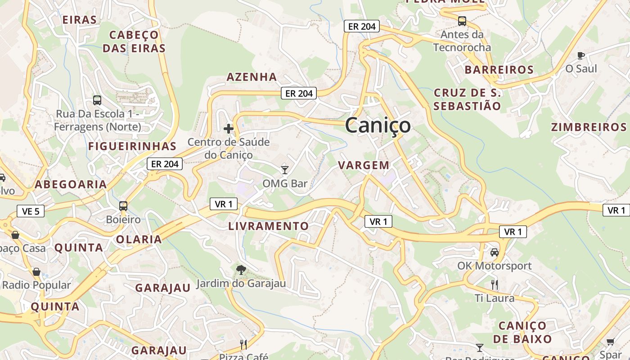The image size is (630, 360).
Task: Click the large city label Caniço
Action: click(x=378, y=126)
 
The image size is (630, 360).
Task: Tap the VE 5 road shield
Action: click(x=31, y=211)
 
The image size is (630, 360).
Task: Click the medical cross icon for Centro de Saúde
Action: click(x=229, y=129)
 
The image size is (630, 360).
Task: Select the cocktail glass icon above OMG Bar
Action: click(x=284, y=170)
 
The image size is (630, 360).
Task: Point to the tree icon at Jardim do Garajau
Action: click(x=241, y=270)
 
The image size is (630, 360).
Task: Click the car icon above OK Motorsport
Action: click(x=495, y=252)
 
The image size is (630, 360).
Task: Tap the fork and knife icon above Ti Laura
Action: click(x=495, y=284)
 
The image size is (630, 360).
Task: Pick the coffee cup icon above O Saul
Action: click(x=581, y=55)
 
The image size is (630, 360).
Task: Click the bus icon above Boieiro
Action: click(x=123, y=206)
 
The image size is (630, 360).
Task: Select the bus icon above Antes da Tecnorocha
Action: click(x=462, y=21)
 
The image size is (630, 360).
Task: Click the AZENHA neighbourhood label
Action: click(x=252, y=77)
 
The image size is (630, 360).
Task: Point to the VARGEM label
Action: click(x=364, y=165)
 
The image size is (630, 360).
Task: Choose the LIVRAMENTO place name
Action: click(x=269, y=226)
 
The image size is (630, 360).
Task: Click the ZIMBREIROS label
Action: click(x=589, y=127)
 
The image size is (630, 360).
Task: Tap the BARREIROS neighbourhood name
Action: click(x=499, y=70)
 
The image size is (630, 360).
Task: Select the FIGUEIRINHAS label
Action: click(x=132, y=146)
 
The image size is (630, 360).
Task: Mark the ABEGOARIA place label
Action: click(x=71, y=184)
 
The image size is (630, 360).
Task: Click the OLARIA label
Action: click(x=139, y=239)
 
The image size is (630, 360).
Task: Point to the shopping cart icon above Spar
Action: click(x=610, y=342)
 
